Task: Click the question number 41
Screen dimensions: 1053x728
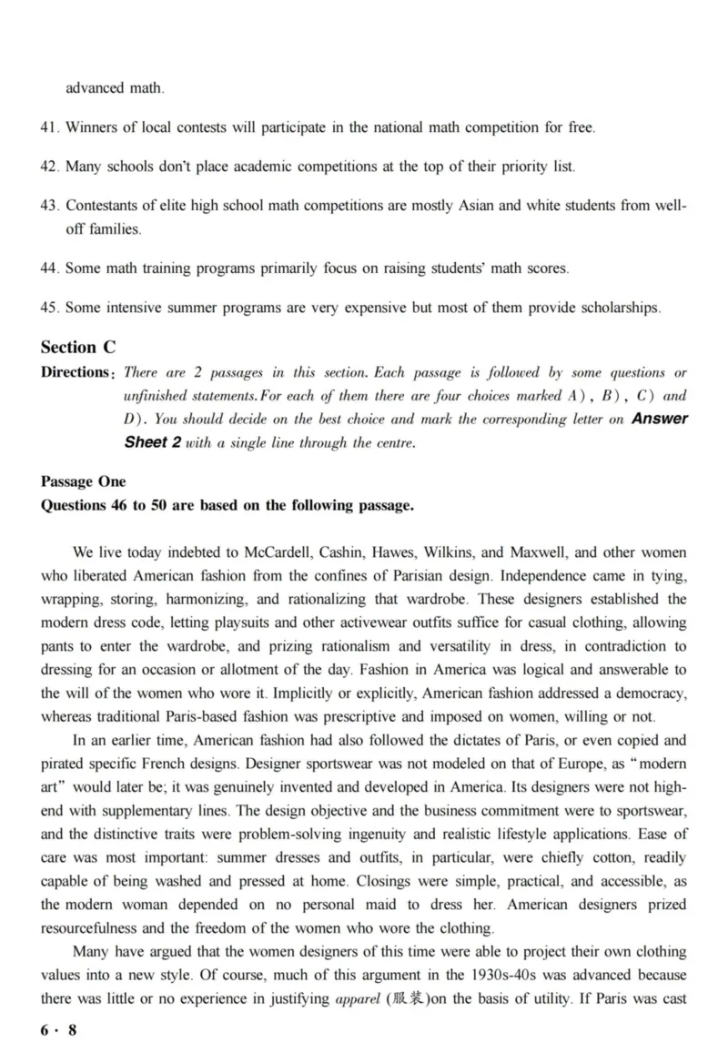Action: click(49, 127)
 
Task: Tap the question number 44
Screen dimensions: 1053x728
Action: click(49, 268)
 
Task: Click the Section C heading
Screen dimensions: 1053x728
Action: click(78, 347)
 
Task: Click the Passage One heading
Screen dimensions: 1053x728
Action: click(83, 481)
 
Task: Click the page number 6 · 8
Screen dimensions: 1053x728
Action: click(59, 1029)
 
